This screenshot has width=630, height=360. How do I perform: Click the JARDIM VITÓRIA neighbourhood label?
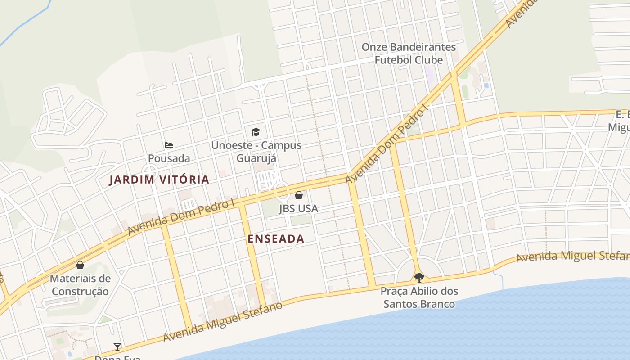coord(160,180)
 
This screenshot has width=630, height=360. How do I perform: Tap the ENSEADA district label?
coord(276,239)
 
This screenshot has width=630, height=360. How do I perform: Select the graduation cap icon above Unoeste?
coord(256,132)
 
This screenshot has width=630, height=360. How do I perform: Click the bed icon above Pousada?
coord(169,145)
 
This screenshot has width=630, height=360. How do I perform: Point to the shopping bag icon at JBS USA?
coord(298,195)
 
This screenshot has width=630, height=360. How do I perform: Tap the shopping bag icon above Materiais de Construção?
coord(80,265)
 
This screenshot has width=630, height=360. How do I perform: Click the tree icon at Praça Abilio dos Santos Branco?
coord(419,277)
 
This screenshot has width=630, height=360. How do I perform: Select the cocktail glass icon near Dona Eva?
coord(117,346)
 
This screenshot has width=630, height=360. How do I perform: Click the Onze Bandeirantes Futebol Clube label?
coord(409,53)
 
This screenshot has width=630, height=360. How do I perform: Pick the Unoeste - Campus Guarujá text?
coord(256,152)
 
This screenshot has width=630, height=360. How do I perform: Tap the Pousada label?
coord(169,158)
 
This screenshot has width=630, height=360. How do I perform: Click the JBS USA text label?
coord(298,208)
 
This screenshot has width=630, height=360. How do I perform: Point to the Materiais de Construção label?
coord(80,284)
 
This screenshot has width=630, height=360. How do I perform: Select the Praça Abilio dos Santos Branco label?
coord(419,297)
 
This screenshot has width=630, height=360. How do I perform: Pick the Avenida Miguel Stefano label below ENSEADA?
coord(223,322)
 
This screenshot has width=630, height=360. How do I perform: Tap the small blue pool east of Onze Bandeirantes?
coord(486,85)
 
